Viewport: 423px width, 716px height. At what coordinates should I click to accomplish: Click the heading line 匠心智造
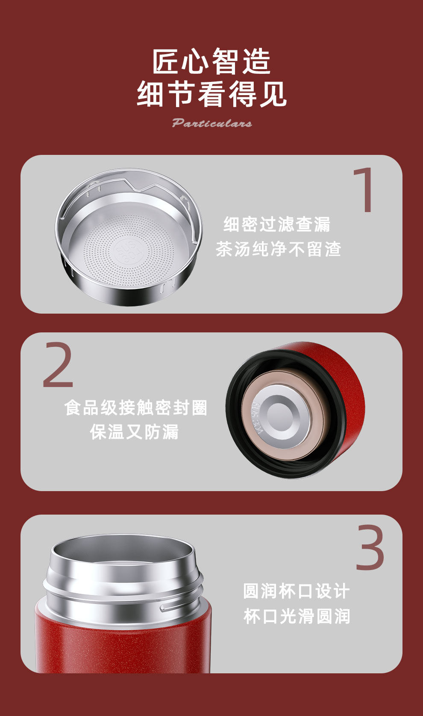[211, 61]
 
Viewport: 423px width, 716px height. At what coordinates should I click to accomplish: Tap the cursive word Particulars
[212, 123]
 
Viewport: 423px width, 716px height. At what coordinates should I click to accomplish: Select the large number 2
[58, 364]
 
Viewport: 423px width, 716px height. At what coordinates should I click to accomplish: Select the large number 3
[370, 547]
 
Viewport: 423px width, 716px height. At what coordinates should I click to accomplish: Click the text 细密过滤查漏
[277, 224]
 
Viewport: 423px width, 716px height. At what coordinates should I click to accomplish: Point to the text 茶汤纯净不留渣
[279, 249]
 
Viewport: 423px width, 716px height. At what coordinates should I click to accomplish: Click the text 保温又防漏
[134, 432]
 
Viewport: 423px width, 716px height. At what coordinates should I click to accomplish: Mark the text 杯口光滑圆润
[296, 616]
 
